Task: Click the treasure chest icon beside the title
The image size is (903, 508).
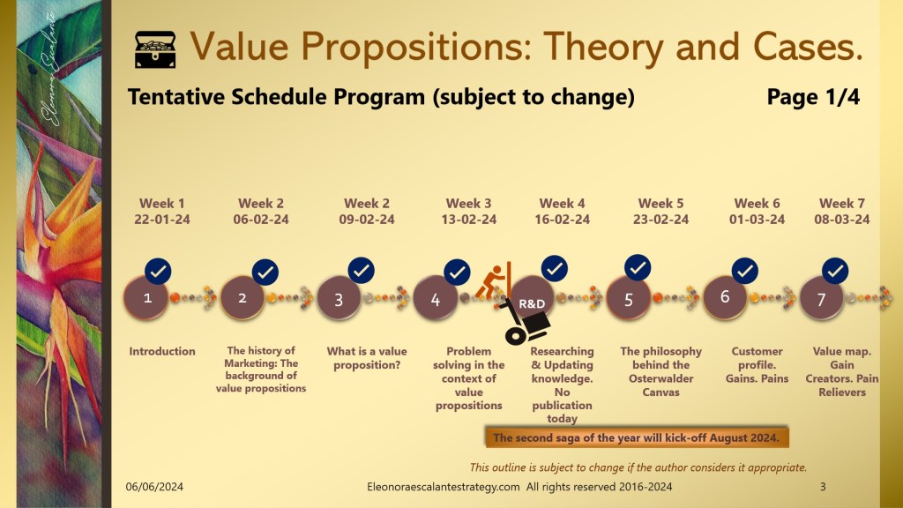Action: tap(155, 49)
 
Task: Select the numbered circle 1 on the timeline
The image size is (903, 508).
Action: tap(147, 298)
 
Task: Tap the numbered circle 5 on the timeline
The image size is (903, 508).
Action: tap(628, 298)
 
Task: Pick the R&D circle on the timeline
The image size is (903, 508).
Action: tap(532, 300)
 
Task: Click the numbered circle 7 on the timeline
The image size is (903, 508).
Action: tap(821, 298)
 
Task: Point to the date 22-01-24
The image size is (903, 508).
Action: tap(162, 220)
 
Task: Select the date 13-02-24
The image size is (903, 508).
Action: tap(469, 220)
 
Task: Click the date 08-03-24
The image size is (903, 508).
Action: tap(842, 220)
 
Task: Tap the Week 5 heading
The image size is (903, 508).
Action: tap(660, 204)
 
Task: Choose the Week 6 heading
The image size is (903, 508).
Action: tap(757, 204)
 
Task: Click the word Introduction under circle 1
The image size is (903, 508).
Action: tap(162, 351)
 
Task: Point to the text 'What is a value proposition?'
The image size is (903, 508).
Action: tap(367, 358)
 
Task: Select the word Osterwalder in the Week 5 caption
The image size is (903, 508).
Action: tap(660, 378)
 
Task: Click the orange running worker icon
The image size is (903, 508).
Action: tap(494, 281)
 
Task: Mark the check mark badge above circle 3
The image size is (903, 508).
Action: tap(361, 270)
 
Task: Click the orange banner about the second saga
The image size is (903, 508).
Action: tap(637, 437)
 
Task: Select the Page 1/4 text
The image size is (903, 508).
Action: tap(813, 97)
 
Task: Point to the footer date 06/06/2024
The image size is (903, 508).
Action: tap(154, 487)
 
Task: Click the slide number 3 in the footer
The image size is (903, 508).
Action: tap(823, 487)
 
